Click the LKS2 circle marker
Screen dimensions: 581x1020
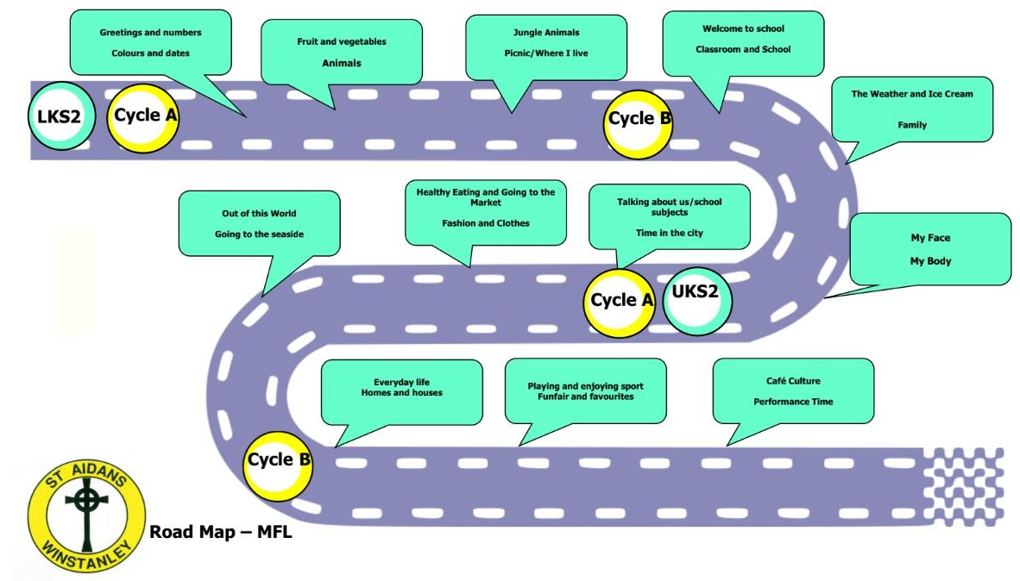(x=59, y=116)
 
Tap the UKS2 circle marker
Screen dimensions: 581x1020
(x=696, y=292)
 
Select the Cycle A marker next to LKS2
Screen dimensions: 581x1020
(x=142, y=116)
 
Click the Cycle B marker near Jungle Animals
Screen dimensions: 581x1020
(x=639, y=119)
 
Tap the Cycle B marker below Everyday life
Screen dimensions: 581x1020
(x=278, y=460)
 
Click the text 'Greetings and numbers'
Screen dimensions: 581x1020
(x=150, y=33)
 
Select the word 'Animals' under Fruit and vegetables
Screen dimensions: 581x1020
(x=342, y=63)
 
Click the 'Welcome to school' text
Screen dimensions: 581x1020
(x=743, y=28)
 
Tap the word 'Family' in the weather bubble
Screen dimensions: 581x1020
(x=912, y=125)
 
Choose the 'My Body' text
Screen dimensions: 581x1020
(x=930, y=260)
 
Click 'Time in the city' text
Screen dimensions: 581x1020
(x=669, y=233)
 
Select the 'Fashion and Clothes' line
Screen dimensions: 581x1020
(x=486, y=222)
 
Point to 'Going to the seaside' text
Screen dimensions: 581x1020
(x=259, y=234)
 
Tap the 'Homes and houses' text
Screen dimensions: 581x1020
(x=401, y=393)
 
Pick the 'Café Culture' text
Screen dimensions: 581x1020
(x=793, y=380)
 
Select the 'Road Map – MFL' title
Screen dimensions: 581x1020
(x=221, y=532)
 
